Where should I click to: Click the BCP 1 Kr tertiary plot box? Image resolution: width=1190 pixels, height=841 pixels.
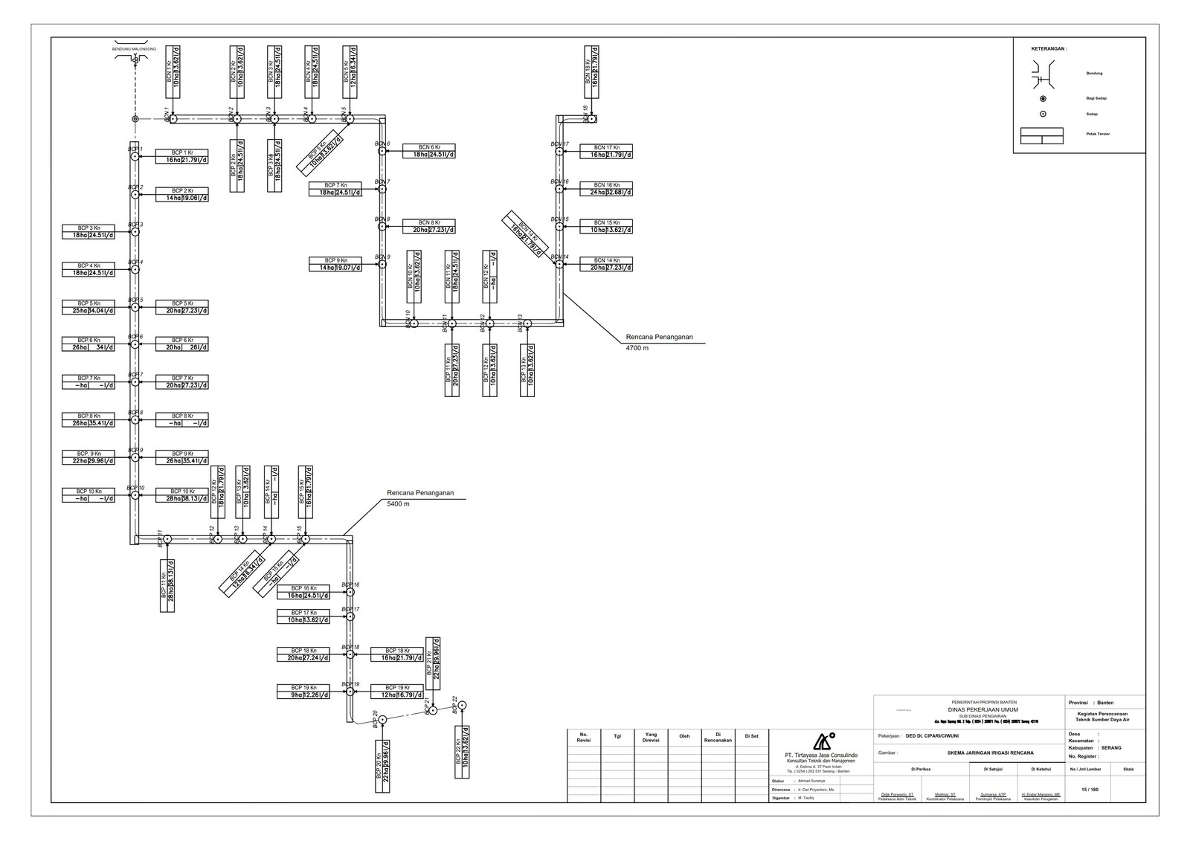[181, 155]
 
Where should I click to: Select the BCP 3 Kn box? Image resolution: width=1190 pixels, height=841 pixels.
[89, 232]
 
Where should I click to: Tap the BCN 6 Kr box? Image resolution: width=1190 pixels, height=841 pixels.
[429, 151]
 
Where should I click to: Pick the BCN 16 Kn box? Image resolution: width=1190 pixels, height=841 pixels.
[606, 189]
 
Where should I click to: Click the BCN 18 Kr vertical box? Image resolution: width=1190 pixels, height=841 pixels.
[591, 72]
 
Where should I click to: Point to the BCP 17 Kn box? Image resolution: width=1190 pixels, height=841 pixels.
[303, 616]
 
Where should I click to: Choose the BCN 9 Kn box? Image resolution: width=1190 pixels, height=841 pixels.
[335, 264]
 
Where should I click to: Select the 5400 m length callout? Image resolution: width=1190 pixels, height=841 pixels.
[398, 503]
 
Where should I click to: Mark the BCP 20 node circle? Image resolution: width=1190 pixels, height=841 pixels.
[382, 720]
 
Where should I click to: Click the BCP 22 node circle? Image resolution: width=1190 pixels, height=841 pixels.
[462, 705]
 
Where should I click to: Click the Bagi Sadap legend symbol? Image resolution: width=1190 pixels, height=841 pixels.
[1043, 98]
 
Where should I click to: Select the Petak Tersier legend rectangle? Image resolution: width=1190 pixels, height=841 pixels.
[1042, 135]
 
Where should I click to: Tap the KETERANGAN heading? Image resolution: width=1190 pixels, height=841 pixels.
[1049, 49]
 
